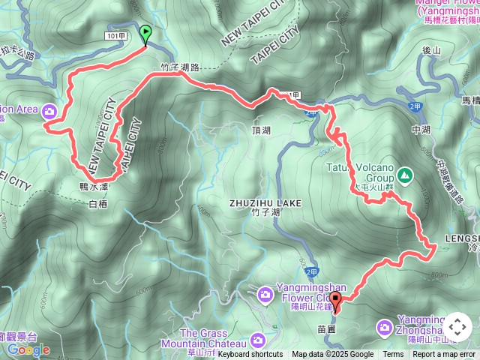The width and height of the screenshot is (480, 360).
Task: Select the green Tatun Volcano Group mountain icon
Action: click(405, 175)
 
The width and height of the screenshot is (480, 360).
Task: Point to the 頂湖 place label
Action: click(261, 130)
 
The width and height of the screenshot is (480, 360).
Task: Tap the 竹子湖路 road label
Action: click(180, 67)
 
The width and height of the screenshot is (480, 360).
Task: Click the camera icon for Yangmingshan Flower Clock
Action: click(264, 294)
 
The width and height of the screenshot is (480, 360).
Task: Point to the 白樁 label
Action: click(98, 203)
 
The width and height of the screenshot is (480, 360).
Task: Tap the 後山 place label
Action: click(430, 50)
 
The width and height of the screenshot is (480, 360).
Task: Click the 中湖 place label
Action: click(421, 129)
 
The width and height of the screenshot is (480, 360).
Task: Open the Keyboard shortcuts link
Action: click(250, 355)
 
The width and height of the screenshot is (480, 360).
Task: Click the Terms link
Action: click(393, 355)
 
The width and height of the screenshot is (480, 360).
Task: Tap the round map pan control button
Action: click(457, 327)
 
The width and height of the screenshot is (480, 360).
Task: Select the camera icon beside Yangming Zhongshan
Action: click(385, 327)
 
